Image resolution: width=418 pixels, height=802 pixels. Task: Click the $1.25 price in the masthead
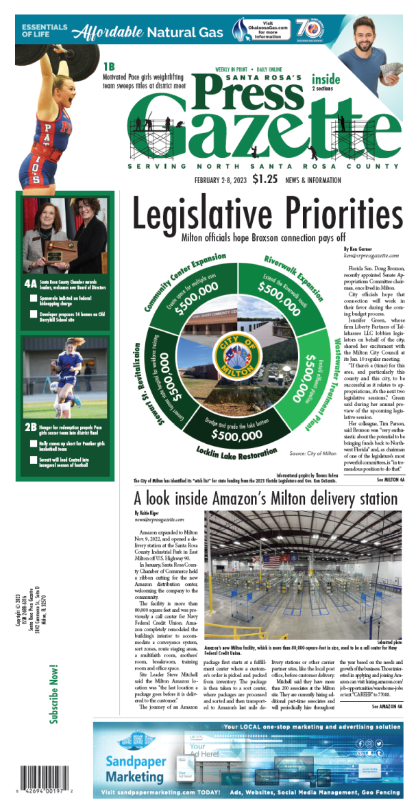(x=265, y=180)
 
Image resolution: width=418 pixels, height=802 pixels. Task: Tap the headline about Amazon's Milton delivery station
(x=265, y=498)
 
